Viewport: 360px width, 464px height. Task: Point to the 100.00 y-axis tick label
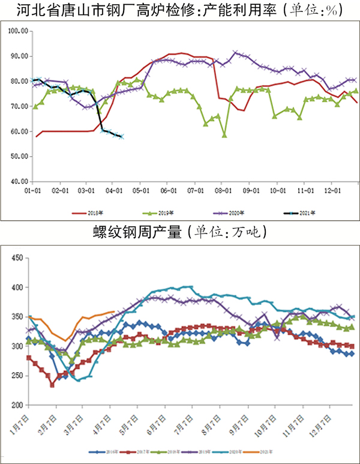pos(19,31)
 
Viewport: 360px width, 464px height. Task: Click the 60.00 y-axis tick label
pos(20,131)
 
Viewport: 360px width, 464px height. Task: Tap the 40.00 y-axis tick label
pos(20,181)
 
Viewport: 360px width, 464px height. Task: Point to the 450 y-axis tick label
pos(17,259)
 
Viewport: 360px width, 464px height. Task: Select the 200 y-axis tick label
pos(17,406)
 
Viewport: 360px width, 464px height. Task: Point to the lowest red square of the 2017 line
pos(52,385)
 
